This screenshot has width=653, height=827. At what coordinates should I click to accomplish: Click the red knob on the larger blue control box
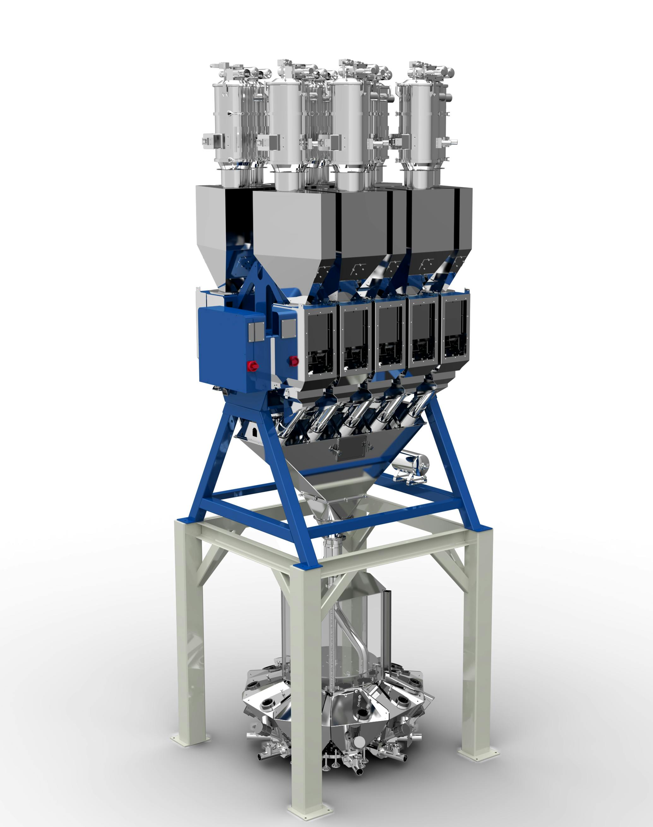[x=252, y=366]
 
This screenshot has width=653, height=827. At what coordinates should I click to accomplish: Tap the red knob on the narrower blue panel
[x=294, y=360]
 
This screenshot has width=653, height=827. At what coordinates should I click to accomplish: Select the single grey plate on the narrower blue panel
[x=289, y=328]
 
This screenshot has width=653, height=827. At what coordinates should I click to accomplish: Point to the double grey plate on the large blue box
[x=256, y=331]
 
